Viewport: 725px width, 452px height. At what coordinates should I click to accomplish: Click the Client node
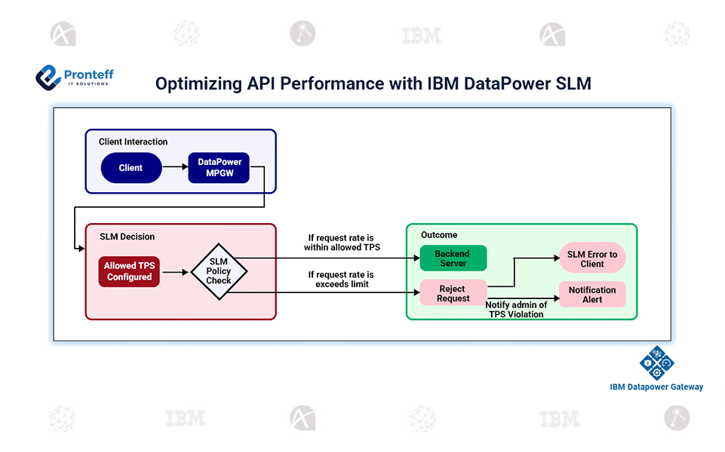pos(131,168)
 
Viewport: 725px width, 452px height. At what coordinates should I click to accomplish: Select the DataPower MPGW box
pos(219,168)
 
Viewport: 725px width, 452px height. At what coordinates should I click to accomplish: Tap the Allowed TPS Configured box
pos(129,271)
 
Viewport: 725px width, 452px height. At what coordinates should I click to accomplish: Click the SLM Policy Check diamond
pos(219,271)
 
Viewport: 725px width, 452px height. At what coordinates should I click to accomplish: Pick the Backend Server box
pos(453,258)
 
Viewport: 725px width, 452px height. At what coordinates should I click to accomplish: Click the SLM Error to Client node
pos(592,259)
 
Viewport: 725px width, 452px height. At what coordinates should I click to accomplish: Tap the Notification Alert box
pos(592,295)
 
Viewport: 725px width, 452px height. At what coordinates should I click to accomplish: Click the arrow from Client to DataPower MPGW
pos(175,168)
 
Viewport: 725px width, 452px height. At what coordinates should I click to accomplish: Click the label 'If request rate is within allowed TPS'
pos(341,243)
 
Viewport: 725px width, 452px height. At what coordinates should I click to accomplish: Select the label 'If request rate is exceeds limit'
pos(341,279)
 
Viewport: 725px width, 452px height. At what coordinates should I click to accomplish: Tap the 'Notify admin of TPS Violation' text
pos(516,310)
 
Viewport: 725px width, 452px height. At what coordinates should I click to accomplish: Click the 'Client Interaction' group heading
pos(133,142)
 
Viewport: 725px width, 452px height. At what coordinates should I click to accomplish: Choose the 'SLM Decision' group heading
pos(127,237)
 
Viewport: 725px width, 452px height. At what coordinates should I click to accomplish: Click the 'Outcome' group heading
pos(439,235)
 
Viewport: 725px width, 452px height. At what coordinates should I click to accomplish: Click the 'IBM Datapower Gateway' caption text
pos(656,387)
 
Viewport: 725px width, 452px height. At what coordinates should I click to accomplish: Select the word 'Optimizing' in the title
pos(198,84)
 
